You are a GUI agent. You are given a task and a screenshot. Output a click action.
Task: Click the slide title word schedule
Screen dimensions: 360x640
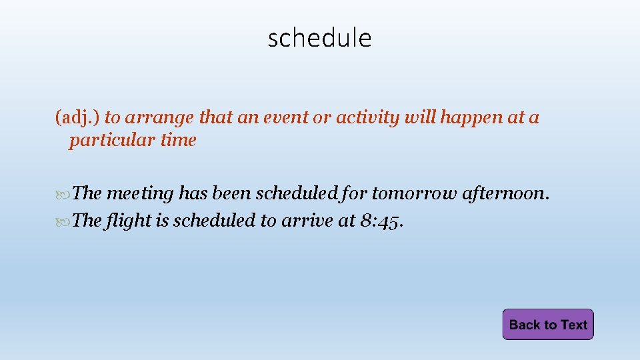pos(319,38)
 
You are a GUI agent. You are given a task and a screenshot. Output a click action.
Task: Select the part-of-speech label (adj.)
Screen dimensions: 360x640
pos(77,118)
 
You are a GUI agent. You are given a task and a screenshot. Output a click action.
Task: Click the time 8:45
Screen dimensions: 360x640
pos(381,221)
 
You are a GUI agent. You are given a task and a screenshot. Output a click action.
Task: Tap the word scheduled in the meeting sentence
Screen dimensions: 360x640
pos(297,194)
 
